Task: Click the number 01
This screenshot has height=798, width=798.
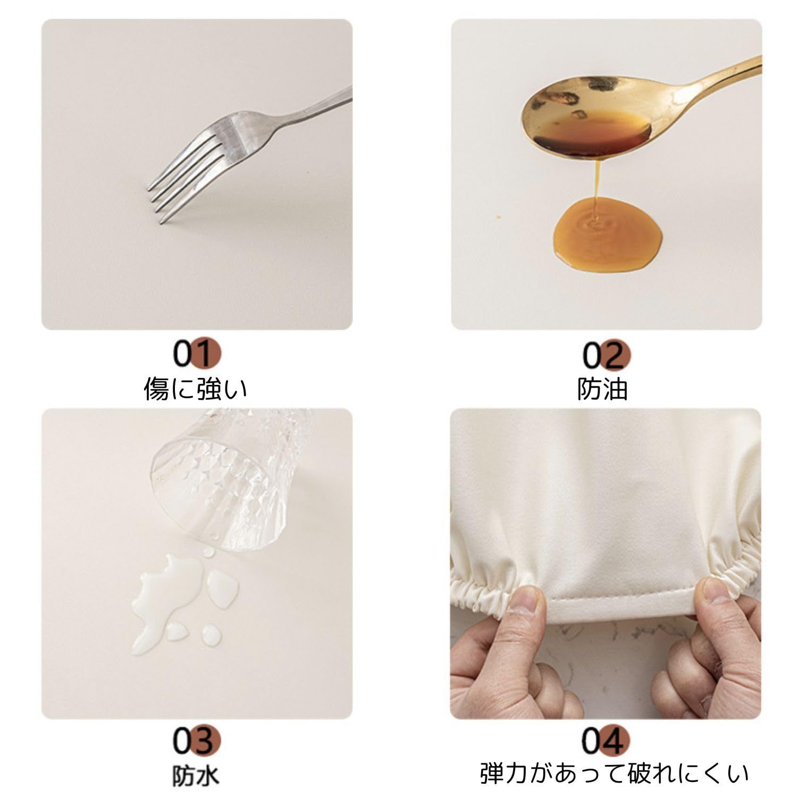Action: click(x=196, y=354)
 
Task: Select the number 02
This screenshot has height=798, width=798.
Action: click(x=606, y=355)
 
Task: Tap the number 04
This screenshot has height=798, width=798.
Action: click(x=606, y=741)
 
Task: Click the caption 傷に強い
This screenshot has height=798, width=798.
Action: click(x=196, y=389)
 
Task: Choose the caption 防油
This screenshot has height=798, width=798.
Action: click(x=603, y=389)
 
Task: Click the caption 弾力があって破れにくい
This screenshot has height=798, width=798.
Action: click(x=615, y=774)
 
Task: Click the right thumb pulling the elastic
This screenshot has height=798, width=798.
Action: click(x=716, y=601)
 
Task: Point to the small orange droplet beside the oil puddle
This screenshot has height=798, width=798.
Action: click(x=498, y=217)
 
